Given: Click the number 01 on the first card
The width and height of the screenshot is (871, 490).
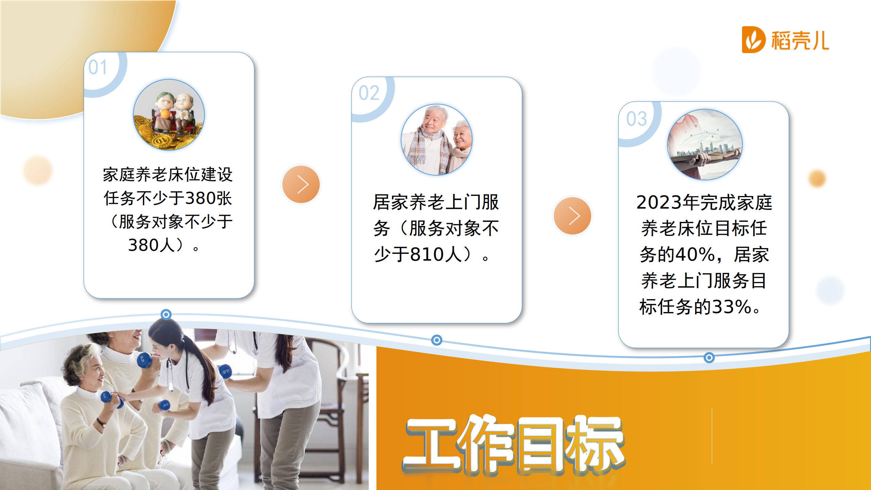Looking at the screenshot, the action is click(x=98, y=67).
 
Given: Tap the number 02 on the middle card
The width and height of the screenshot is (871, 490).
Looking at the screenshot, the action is click(x=369, y=93).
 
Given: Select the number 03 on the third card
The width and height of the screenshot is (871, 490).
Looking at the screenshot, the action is click(x=637, y=119).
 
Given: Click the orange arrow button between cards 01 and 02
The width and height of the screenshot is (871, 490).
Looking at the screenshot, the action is click(x=301, y=184).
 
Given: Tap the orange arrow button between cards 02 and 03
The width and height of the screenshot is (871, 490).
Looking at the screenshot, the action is click(x=573, y=216).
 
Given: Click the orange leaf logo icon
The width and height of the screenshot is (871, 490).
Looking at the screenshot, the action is click(x=754, y=40).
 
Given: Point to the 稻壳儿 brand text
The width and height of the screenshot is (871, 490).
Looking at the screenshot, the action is click(x=800, y=40).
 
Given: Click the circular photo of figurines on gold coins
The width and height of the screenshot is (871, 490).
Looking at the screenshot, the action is click(x=169, y=115).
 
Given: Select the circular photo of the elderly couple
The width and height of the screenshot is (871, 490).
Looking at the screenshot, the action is click(x=437, y=140).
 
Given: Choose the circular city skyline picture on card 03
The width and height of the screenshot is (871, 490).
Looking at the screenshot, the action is click(x=705, y=144).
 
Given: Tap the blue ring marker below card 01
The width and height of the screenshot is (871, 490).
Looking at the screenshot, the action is click(x=166, y=314).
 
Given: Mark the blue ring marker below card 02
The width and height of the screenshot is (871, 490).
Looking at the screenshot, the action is click(x=437, y=340).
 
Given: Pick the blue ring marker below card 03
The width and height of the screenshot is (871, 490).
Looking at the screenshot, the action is click(x=709, y=358).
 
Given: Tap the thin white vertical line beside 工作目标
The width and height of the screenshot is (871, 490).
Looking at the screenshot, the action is click(x=712, y=436).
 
